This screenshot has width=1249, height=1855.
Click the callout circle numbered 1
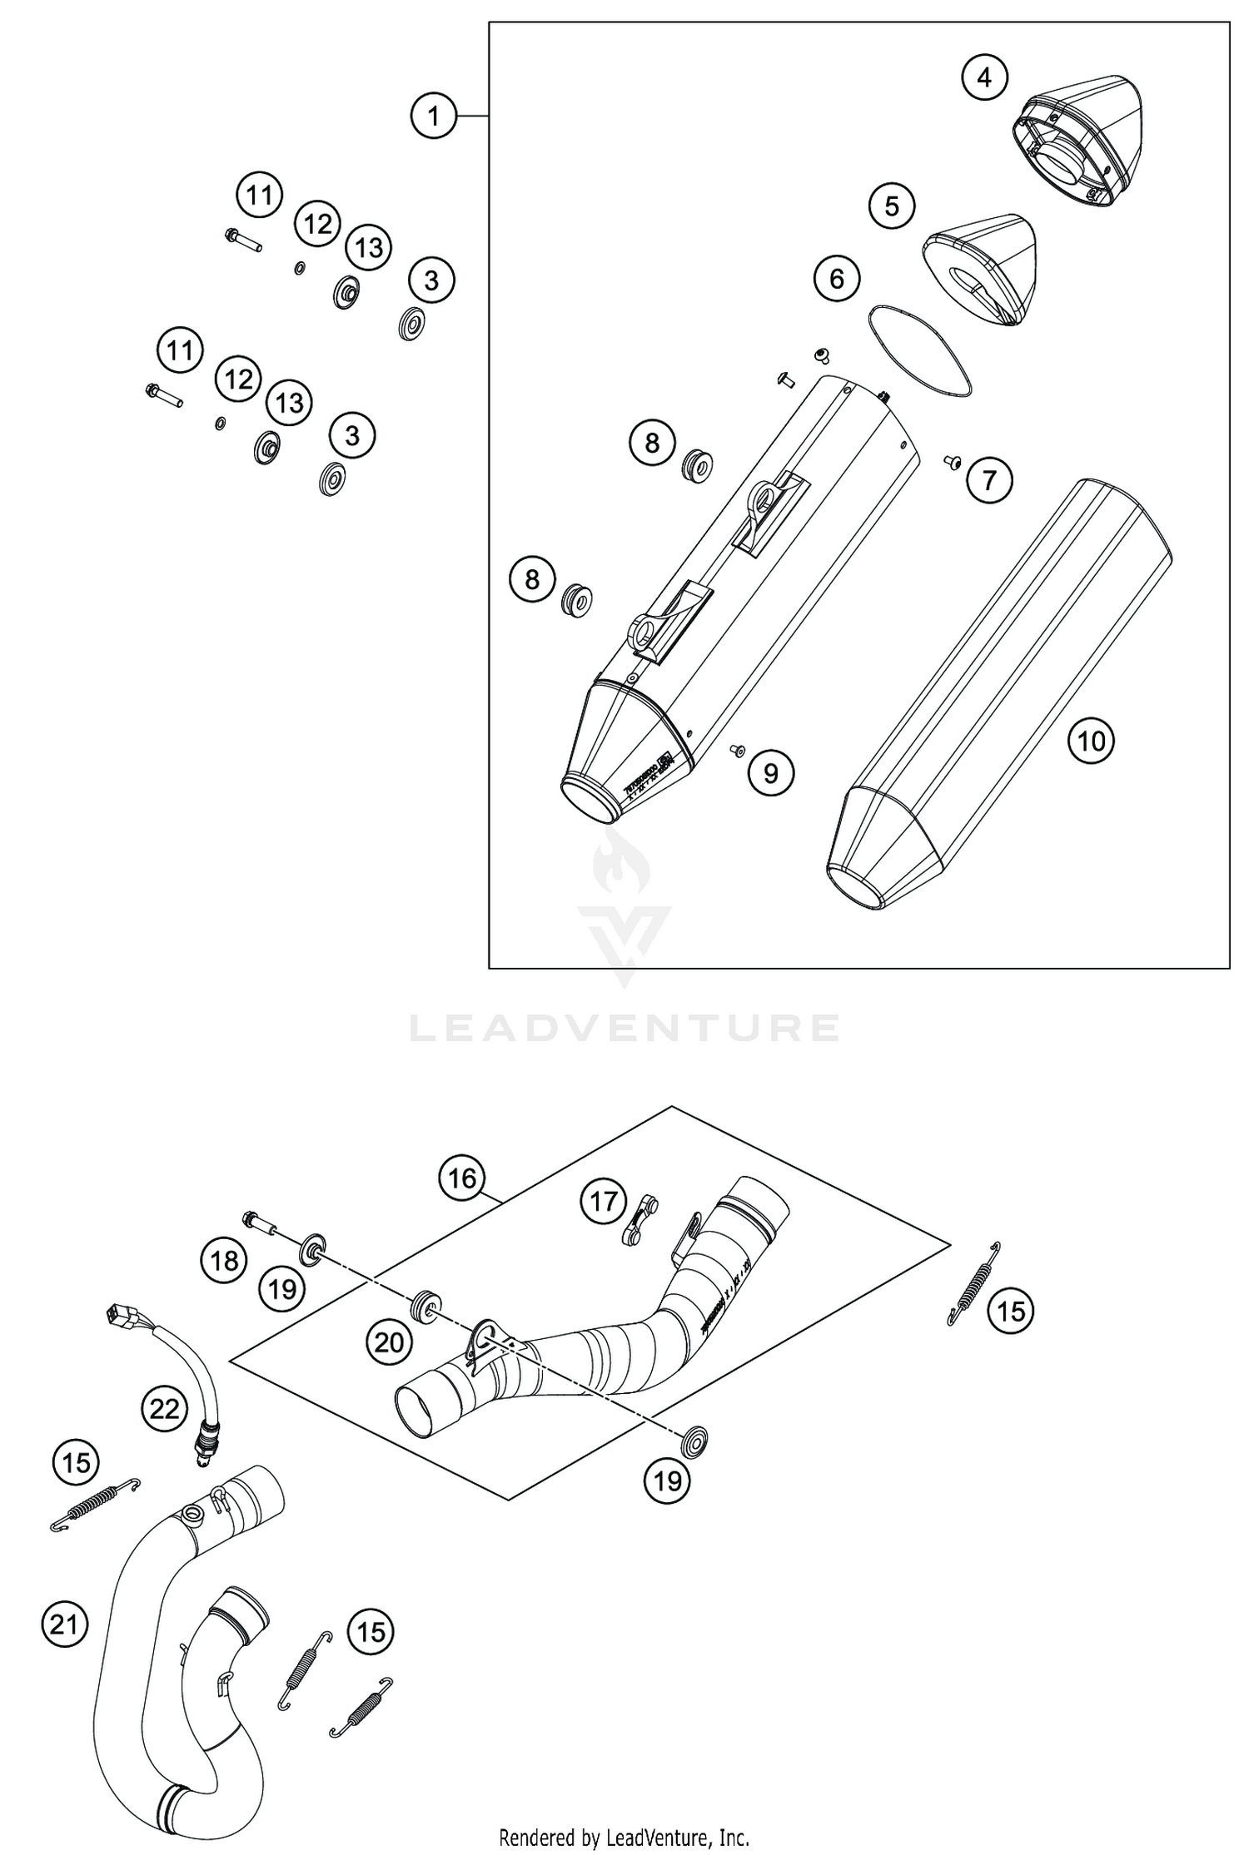tap(434, 116)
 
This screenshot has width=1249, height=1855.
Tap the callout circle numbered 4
tap(984, 78)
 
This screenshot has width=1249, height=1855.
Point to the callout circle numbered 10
tap(1091, 741)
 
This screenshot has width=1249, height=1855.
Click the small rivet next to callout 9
tap(736, 751)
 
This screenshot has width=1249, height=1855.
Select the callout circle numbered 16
tap(462, 1178)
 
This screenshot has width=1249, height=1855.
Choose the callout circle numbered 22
tap(164, 1408)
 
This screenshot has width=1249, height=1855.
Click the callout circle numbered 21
tap(64, 1624)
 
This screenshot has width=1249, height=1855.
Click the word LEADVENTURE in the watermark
tap(624, 1029)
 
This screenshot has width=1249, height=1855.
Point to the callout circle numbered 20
tap(389, 1342)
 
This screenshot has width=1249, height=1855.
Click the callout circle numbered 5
tap(892, 206)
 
